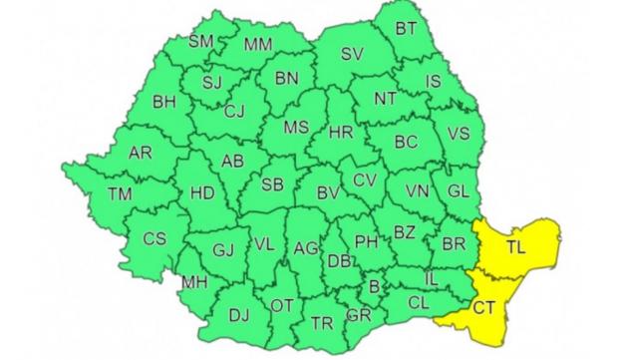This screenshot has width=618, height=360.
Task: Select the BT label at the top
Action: click(x=407, y=28)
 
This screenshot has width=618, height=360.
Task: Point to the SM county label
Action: click(x=201, y=41)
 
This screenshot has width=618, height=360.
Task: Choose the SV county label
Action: click(x=351, y=54)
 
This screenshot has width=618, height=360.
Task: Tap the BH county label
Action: click(x=164, y=101)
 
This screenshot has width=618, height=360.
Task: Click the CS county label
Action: click(x=154, y=238)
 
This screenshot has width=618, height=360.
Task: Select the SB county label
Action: click(x=273, y=183)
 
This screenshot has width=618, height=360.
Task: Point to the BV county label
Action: click(x=327, y=190)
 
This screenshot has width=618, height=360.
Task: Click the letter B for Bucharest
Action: click(x=374, y=286)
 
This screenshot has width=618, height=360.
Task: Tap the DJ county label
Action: click(x=239, y=315)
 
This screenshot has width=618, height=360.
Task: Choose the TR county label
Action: click(x=322, y=323)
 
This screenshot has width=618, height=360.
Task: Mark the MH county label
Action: click(x=194, y=282)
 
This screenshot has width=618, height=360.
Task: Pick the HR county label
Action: click(x=341, y=130)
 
